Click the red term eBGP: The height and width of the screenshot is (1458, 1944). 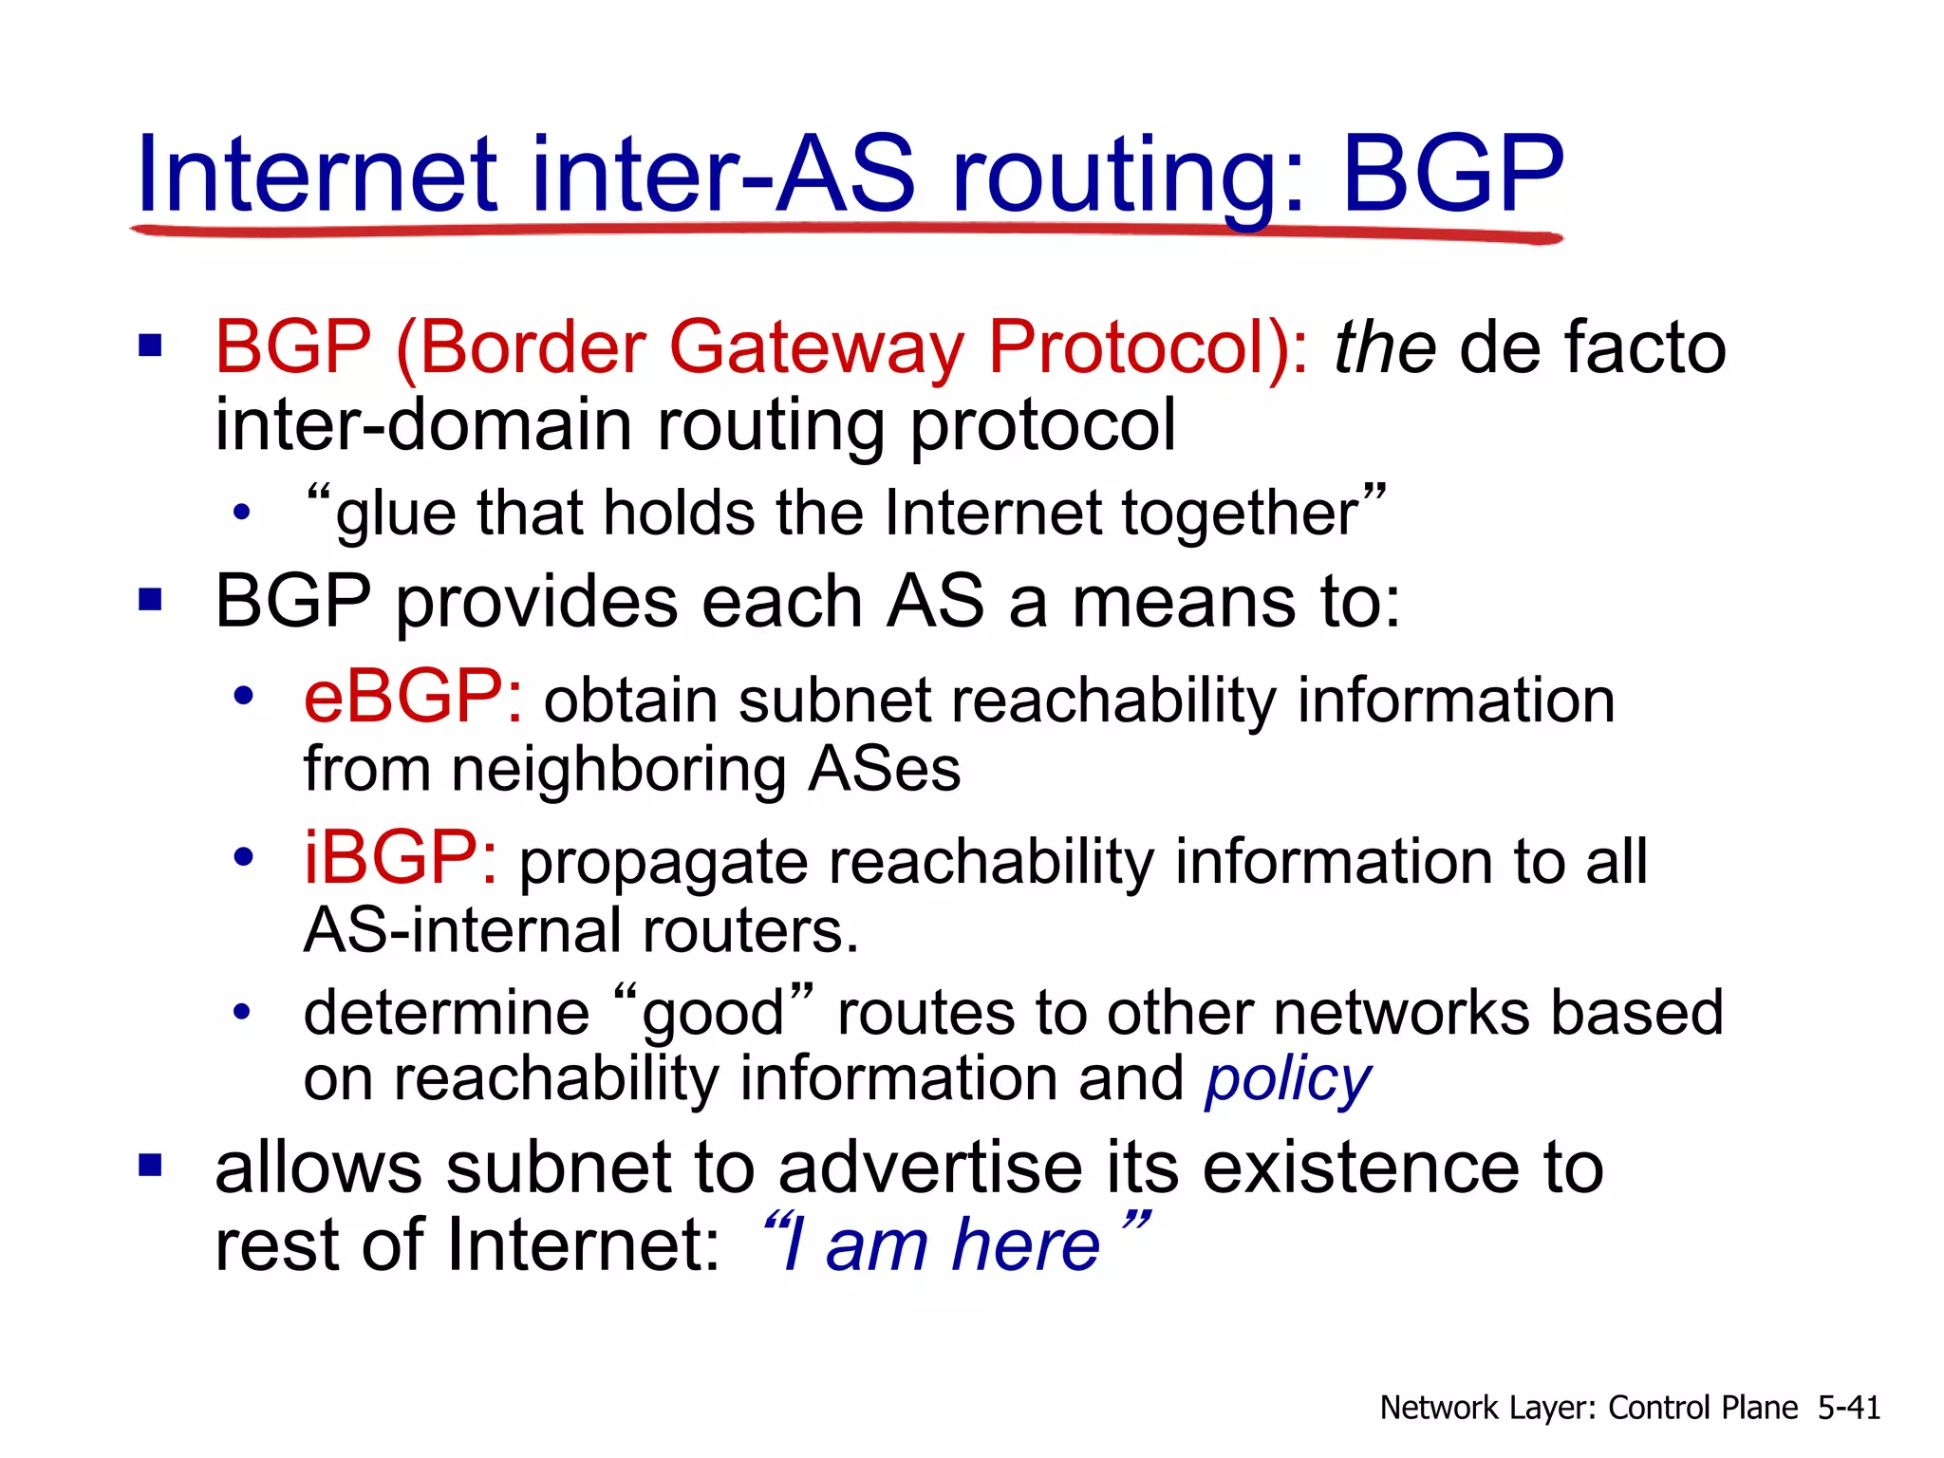pos(412,698)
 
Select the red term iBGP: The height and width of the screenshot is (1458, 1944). pos(400,859)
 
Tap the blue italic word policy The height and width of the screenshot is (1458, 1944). pos(1288,1080)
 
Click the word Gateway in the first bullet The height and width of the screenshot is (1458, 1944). pos(816,348)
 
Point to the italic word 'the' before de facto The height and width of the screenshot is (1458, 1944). pos(1384,348)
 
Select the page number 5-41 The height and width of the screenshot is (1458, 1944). pos(1848,1408)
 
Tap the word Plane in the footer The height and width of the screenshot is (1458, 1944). pos(1760,1408)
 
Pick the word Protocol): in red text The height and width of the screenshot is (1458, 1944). pos(1148,348)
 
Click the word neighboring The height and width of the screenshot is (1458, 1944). pos(618,769)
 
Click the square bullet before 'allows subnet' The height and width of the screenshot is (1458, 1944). pos(150,1165)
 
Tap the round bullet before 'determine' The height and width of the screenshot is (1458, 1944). pos(243,1012)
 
